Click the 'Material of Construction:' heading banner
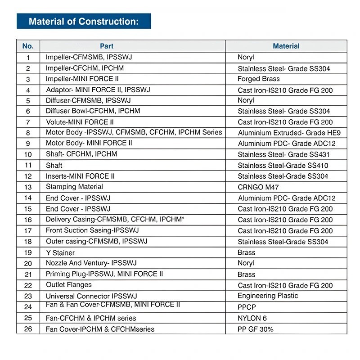(x=83, y=22)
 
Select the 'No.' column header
(x=28, y=46)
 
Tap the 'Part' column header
(x=107, y=46)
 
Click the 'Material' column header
(x=286, y=46)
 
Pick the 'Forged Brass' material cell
(x=259, y=79)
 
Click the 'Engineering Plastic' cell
(x=268, y=296)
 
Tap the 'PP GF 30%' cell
(x=255, y=329)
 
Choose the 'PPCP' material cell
(x=247, y=307)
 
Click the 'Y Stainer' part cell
(x=60, y=252)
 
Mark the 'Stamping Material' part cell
(x=74, y=187)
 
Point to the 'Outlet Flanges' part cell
(x=68, y=285)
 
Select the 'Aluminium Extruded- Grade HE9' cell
(x=289, y=133)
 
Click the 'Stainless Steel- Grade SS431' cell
(x=283, y=154)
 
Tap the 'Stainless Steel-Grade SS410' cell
(x=283, y=166)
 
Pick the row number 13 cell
(x=28, y=187)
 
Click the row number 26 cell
(x=28, y=329)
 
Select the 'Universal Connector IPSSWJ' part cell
(x=91, y=296)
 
